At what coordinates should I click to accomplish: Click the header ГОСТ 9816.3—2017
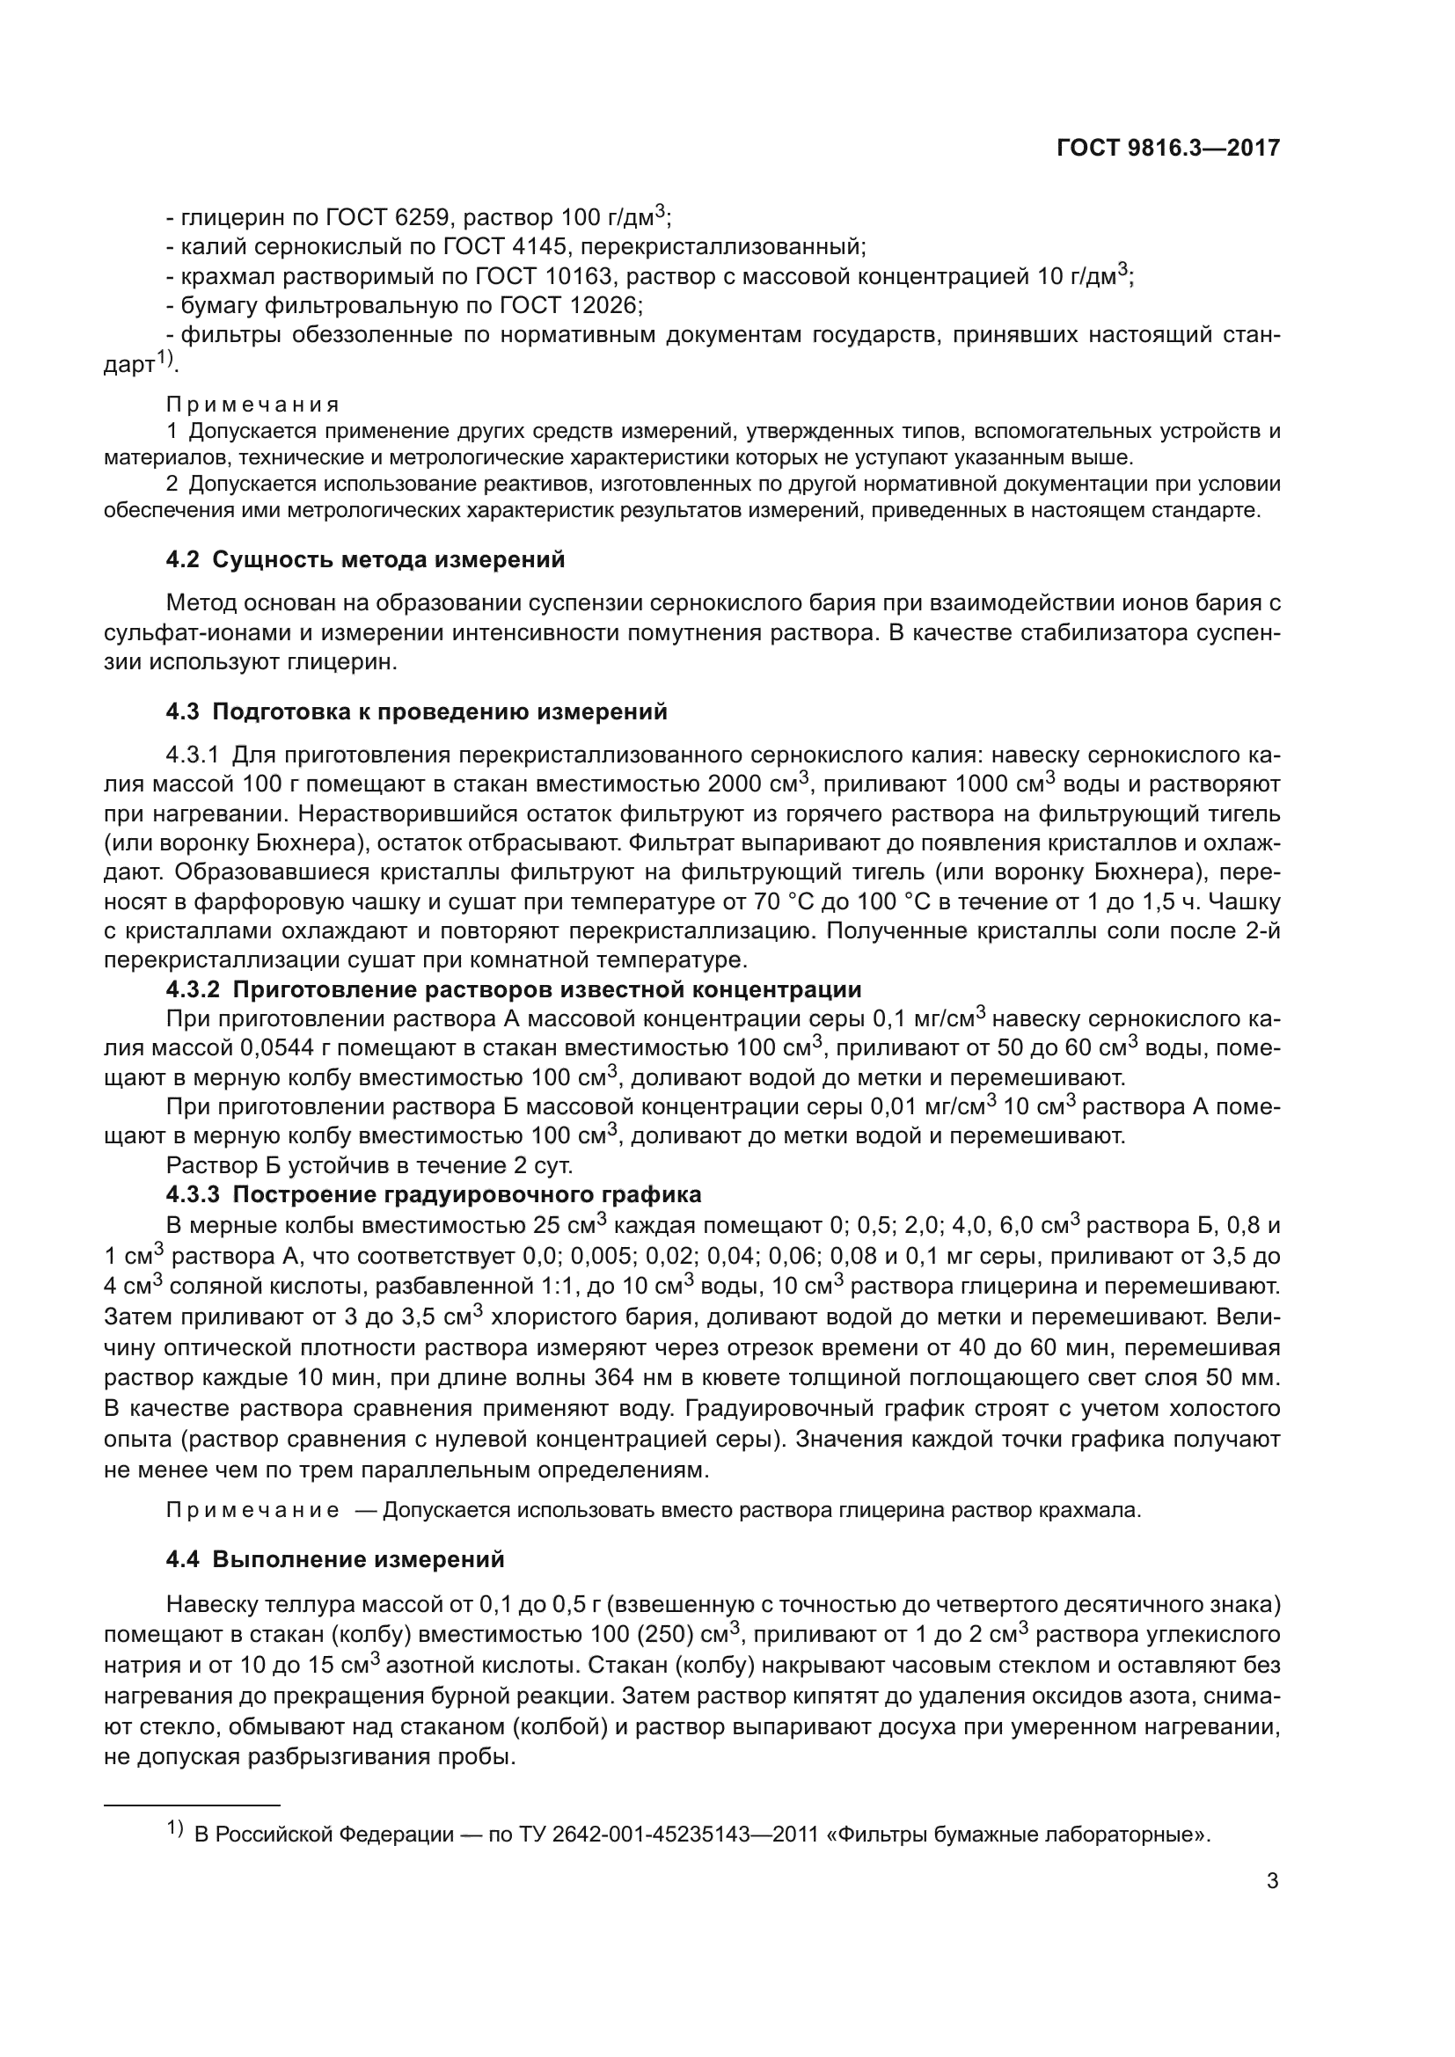(1168, 148)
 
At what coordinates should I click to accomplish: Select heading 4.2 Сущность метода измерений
(366, 560)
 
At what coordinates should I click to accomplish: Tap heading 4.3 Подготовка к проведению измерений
(417, 712)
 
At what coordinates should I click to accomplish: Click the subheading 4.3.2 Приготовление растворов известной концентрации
(514, 990)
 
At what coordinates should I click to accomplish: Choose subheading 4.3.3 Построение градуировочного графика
(434, 1194)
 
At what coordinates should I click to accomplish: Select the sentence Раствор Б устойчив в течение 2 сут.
(369, 1165)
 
